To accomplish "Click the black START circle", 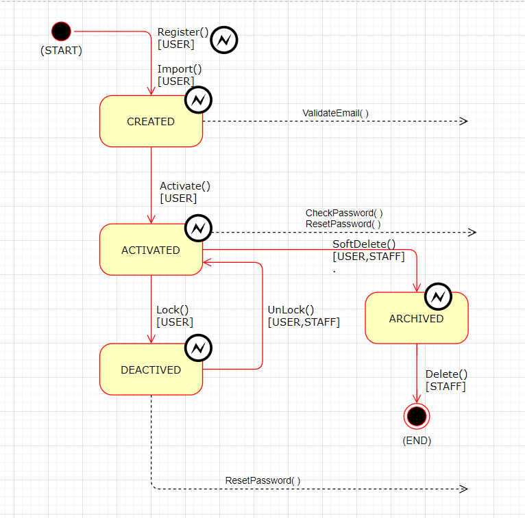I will pos(61,31).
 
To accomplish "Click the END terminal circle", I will pos(417,415).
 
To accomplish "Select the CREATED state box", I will pos(151,121).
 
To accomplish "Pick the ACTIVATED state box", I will pos(151,250).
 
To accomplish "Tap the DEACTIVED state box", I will pos(151,370).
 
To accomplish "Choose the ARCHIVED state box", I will pos(416,318).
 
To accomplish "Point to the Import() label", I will pos(180,69).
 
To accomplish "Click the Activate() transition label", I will pos(185,186).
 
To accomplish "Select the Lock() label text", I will pos(173,310).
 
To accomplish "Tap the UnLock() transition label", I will pos(291,309).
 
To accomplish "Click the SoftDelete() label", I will pos(364,244).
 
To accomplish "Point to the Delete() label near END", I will pos(446,374).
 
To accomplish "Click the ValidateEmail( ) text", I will pos(335,113).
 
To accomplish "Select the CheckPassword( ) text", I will pos(344,213).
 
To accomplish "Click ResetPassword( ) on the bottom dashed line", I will pos(262,480).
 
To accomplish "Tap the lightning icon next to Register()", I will pos(224,40).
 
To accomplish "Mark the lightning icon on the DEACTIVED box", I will pos(197,348).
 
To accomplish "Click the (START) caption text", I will pos(61,51).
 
